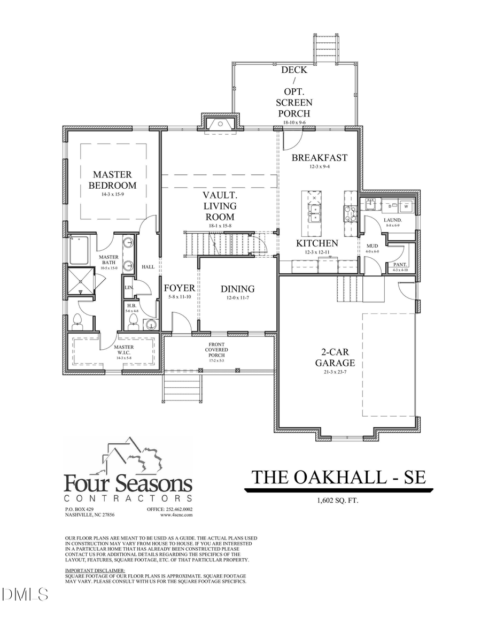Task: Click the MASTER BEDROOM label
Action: click(112, 180)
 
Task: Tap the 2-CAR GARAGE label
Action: click(335, 358)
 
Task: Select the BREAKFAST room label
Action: click(319, 158)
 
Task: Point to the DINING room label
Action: click(238, 289)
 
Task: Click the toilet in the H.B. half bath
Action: click(133, 321)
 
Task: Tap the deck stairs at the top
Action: click(326, 48)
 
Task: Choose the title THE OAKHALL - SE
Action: click(339, 476)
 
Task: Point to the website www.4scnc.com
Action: click(176, 515)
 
